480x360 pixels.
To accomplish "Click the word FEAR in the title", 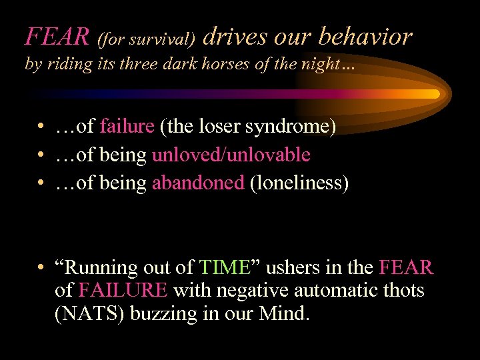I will [57, 37].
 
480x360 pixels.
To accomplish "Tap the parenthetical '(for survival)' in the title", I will [146, 40].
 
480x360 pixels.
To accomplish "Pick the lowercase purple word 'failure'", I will [127, 127].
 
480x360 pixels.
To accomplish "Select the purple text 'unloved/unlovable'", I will [231, 155].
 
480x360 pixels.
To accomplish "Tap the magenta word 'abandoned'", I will [198, 183].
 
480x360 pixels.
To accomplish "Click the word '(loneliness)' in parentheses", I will [299, 184].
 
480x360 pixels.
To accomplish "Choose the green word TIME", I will [225, 267].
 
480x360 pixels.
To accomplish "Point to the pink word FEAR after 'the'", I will [406, 267].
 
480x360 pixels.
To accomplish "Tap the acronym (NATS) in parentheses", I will [89, 314].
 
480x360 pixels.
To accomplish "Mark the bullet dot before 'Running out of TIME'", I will [41, 267].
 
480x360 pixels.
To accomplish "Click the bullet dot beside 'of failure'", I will [41, 127].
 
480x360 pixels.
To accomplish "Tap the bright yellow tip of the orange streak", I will [433, 94].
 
